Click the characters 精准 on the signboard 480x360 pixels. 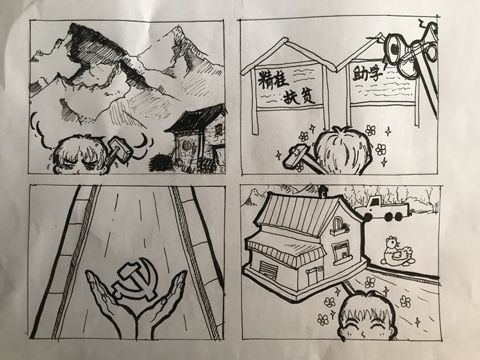point(273,79)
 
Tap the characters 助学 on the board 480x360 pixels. point(367,74)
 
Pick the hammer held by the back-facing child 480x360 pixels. point(298,158)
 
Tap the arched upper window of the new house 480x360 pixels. point(338,225)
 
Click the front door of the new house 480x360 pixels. point(312,277)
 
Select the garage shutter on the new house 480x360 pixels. point(268,270)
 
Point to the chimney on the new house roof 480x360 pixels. point(323,191)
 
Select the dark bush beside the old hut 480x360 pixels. point(162,163)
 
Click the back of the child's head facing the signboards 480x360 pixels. point(344,150)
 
